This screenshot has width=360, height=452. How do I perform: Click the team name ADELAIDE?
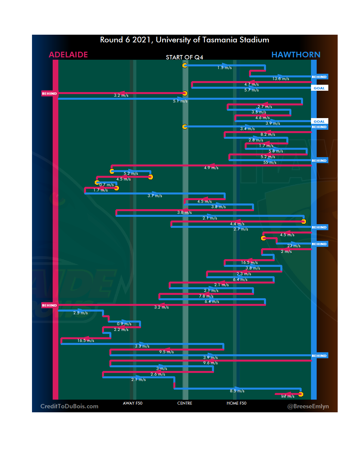point(68,55)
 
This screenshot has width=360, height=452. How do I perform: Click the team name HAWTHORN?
point(296,55)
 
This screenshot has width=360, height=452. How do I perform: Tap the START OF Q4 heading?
point(184,57)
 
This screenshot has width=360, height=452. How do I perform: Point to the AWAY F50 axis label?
point(132,403)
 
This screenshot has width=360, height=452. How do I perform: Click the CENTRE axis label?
point(185,403)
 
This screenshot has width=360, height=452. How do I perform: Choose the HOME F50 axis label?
point(236,403)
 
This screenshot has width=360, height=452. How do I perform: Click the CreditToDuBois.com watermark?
point(69,406)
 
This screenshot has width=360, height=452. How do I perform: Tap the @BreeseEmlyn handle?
point(308,406)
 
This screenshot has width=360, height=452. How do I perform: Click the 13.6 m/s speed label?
point(281,79)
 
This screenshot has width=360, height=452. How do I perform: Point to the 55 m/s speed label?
point(270,162)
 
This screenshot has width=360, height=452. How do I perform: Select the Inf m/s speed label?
point(288,396)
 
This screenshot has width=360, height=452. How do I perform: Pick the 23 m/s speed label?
point(294,246)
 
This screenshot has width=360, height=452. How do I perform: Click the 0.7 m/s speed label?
point(106,185)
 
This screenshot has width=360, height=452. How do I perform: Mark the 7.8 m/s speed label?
point(206,296)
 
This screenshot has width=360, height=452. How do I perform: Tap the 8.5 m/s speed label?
point(237,391)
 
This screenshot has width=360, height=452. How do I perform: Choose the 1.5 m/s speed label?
point(224,68)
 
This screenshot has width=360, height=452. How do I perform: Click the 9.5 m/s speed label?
point(166,352)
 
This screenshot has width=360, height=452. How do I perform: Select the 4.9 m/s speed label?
point(211,168)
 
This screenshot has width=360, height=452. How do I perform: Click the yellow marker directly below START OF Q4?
point(185,65)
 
